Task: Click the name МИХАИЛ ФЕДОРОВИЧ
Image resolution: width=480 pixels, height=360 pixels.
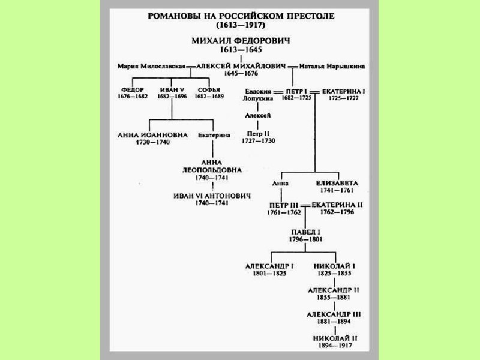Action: pos(239,40)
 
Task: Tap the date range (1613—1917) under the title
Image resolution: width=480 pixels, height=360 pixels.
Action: pos(239,26)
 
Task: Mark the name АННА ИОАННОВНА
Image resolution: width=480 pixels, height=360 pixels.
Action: pos(153,135)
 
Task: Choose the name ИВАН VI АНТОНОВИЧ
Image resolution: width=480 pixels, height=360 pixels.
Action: pos(212,196)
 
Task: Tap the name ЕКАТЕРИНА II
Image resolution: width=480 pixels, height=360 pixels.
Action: pos(337,205)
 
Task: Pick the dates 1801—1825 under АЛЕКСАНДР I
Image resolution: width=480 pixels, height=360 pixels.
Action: pos(269,274)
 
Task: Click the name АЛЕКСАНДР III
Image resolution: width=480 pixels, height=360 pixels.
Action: pos(334,314)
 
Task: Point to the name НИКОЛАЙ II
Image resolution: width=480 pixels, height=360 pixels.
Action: pos(335,338)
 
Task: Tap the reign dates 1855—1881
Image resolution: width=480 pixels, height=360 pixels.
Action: pos(334,297)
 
